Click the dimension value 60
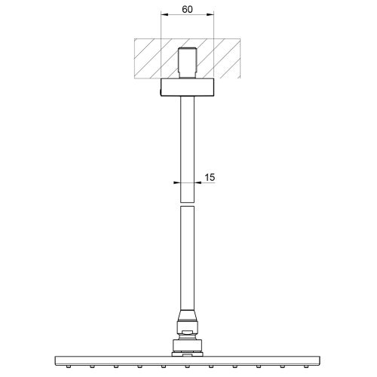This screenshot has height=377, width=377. [187, 10]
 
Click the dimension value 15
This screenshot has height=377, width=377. [210, 177]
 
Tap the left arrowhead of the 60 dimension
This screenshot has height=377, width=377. [164, 14]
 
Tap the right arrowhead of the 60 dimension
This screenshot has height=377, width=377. [210, 14]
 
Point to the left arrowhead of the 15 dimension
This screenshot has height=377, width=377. [177, 182]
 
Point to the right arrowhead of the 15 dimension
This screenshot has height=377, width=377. [198, 182]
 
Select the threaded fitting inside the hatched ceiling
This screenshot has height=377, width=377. [188, 63]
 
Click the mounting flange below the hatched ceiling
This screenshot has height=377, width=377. [187, 87]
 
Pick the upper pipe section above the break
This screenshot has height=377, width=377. [187, 149]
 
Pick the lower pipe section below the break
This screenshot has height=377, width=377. [187, 258]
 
